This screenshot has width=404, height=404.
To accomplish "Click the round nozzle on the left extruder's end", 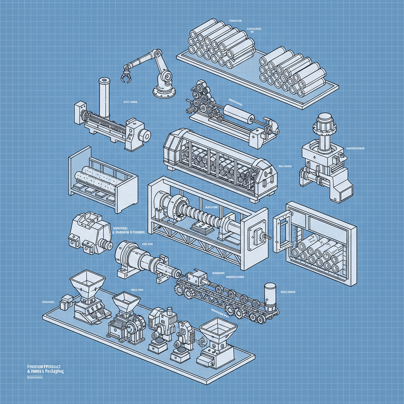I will point(144,136).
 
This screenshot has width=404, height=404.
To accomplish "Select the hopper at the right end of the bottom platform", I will point(218,331).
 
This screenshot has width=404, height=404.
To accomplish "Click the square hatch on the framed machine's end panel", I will point(257,236).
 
